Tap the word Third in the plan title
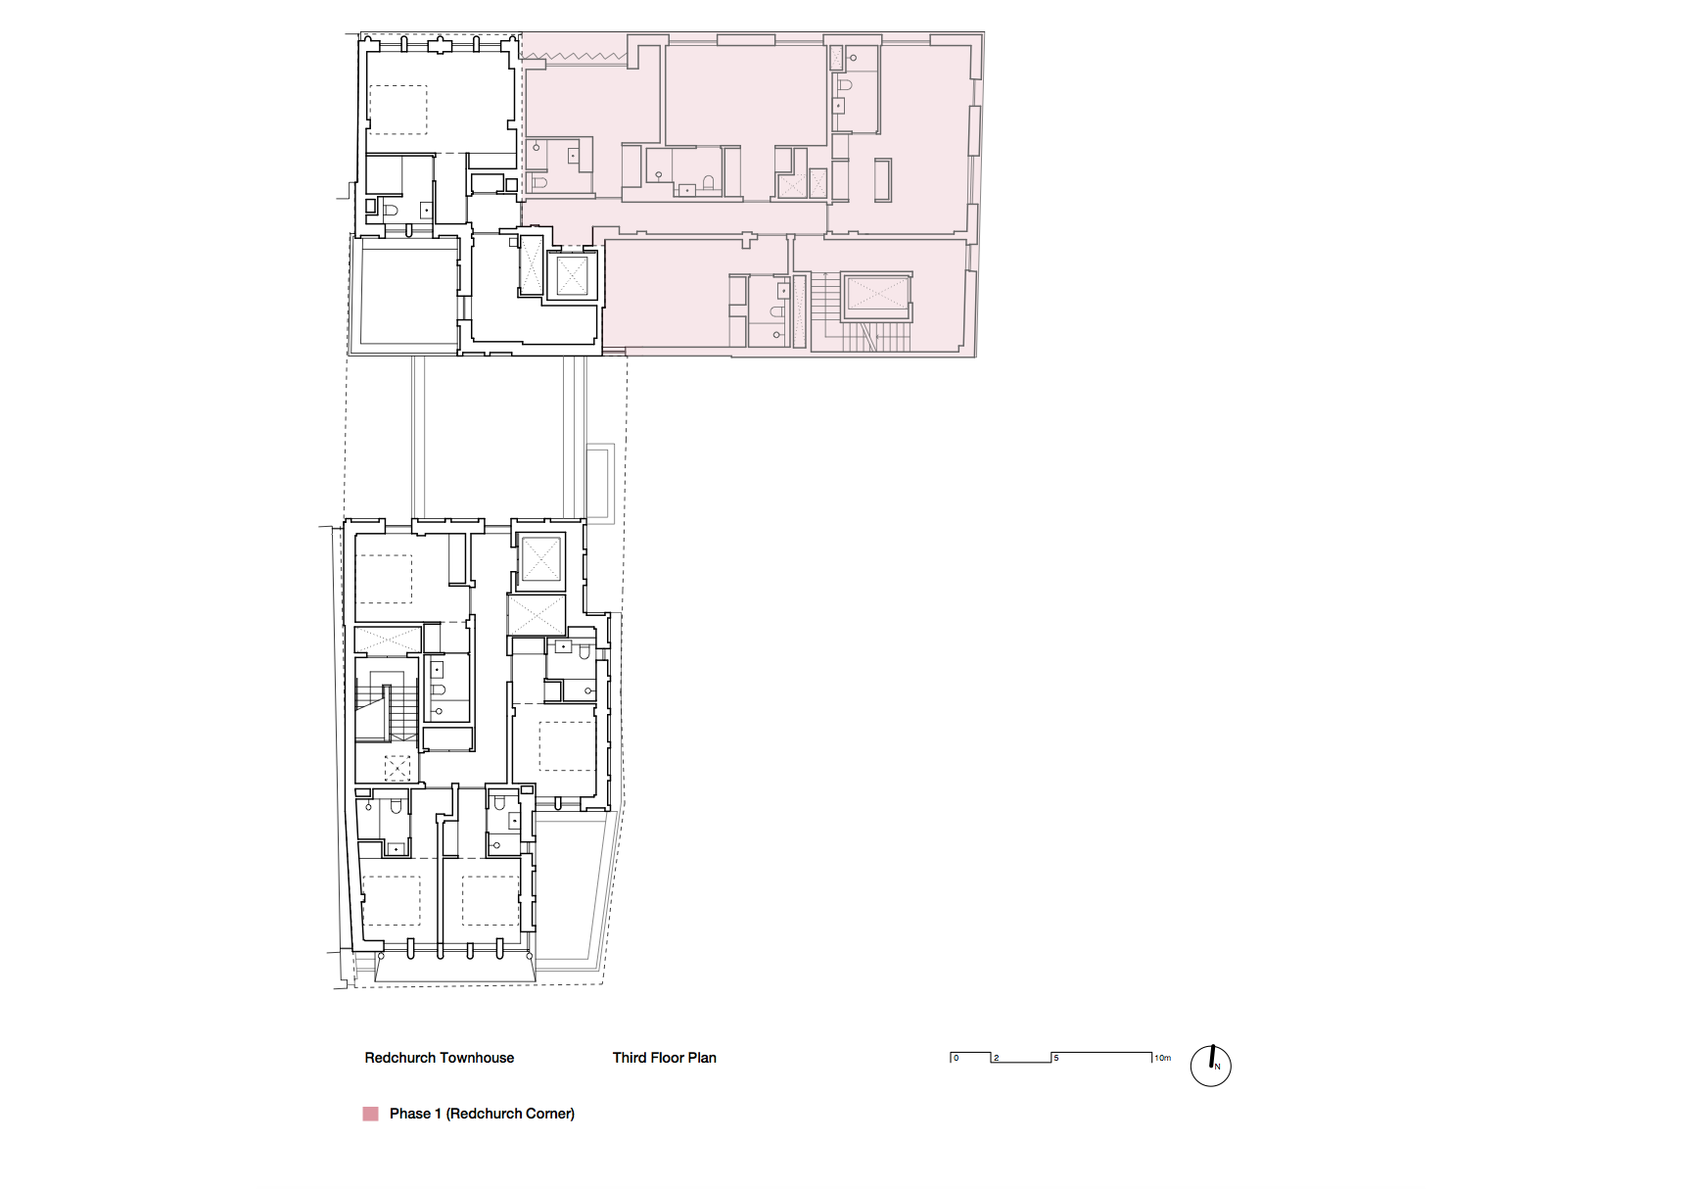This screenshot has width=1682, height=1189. click(x=630, y=1058)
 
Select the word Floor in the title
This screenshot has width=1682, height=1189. click(x=667, y=1058)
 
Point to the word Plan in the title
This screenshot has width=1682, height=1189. click(x=702, y=1058)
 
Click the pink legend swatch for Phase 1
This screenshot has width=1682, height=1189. click(x=371, y=1114)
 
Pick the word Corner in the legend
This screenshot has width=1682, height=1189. click(x=547, y=1114)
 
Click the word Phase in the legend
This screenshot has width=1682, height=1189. click(x=410, y=1114)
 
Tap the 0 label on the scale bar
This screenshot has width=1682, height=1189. click(x=957, y=1058)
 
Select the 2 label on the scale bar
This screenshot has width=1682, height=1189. click(x=997, y=1058)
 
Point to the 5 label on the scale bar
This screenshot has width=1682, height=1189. click(x=1055, y=1058)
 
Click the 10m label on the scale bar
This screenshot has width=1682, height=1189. click(x=1162, y=1058)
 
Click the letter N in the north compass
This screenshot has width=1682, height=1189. click(x=1218, y=1067)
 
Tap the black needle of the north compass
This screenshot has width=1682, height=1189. click(x=1212, y=1057)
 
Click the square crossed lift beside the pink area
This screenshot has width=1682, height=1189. click(x=572, y=275)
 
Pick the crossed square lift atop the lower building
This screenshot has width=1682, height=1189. click(x=540, y=559)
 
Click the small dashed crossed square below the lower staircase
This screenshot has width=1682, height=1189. click(x=397, y=768)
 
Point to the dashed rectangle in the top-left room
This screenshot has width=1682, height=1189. click(x=397, y=110)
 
